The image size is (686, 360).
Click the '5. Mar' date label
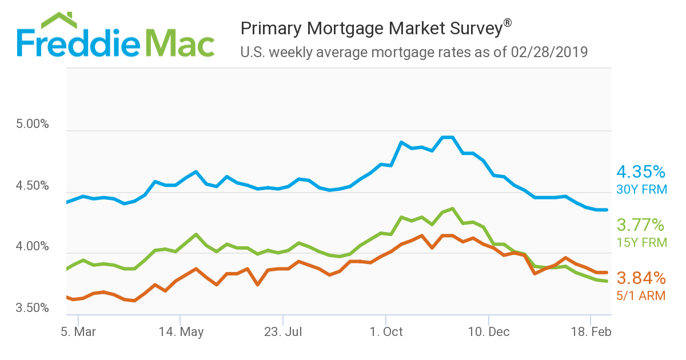tap(78, 332)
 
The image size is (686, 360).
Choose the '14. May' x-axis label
tap(181, 332)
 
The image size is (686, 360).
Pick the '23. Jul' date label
tap(283, 332)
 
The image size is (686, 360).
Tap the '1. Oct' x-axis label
tap(386, 332)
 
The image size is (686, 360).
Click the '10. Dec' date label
tap(489, 332)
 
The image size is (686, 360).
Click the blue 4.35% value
tap(641, 171)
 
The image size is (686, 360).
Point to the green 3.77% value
tap(641, 225)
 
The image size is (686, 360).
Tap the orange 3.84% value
tap(641, 278)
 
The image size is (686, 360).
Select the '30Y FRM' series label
tap(641, 189)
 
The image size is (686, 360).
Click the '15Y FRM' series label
tap(641, 242)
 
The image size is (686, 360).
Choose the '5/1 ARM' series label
tap(641, 295)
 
